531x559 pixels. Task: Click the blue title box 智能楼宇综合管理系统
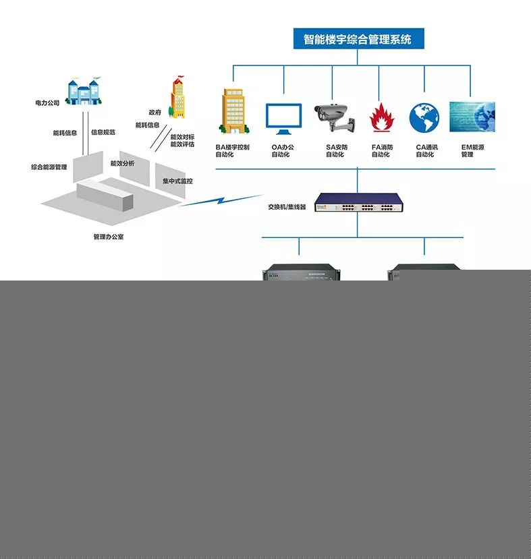[358, 38]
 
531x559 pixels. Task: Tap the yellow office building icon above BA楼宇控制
[234, 111]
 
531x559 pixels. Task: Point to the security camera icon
[335, 117]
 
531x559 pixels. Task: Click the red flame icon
[382, 117]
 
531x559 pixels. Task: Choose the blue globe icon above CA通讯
[424, 117]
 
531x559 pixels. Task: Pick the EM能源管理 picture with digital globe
[472, 117]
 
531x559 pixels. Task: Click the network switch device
[358, 202]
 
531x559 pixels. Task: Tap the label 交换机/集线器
[287, 207]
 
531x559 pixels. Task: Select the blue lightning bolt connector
[221, 200]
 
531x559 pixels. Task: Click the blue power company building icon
[84, 91]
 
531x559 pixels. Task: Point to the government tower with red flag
[177, 97]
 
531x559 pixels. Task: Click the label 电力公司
[47, 103]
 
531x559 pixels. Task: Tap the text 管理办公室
[109, 237]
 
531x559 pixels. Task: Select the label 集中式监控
[177, 181]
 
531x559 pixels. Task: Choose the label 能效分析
[122, 163]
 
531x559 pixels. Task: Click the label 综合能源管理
[49, 167]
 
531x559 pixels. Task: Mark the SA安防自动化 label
[336, 150]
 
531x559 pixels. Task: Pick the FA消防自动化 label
[382, 150]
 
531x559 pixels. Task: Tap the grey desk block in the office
[105, 196]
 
